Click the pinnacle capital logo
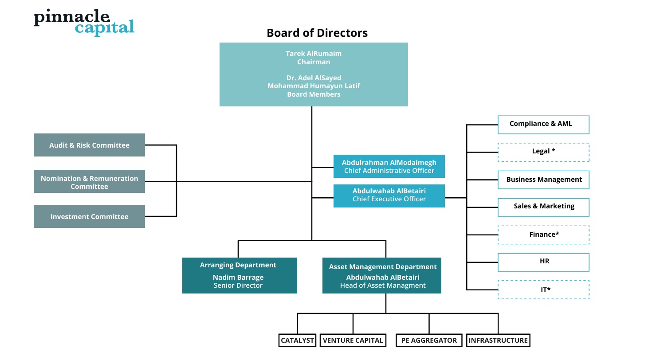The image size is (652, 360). point(84,22)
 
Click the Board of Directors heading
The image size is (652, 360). point(317,33)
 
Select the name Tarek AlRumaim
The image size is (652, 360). point(314,53)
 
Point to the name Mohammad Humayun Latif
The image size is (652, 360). point(314,86)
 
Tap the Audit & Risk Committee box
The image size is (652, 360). point(89,145)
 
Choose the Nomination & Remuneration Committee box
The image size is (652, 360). point(89,182)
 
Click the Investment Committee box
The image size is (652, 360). point(89,216)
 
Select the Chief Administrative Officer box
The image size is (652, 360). point(389,167)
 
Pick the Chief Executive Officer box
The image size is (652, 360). point(389,196)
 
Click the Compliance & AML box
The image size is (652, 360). point(543,124)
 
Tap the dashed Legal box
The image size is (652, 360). point(543,152)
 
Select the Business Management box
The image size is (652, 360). point(543,180)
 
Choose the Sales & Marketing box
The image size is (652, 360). point(543,207)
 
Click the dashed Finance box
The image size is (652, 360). point(543,235)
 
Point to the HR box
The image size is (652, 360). point(543,262)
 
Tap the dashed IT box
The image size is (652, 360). point(543,290)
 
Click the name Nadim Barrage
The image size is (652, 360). point(238,278)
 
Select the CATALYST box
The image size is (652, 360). point(297,340)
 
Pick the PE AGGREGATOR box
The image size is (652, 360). point(428,340)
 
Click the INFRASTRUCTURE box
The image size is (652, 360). point(498,340)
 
